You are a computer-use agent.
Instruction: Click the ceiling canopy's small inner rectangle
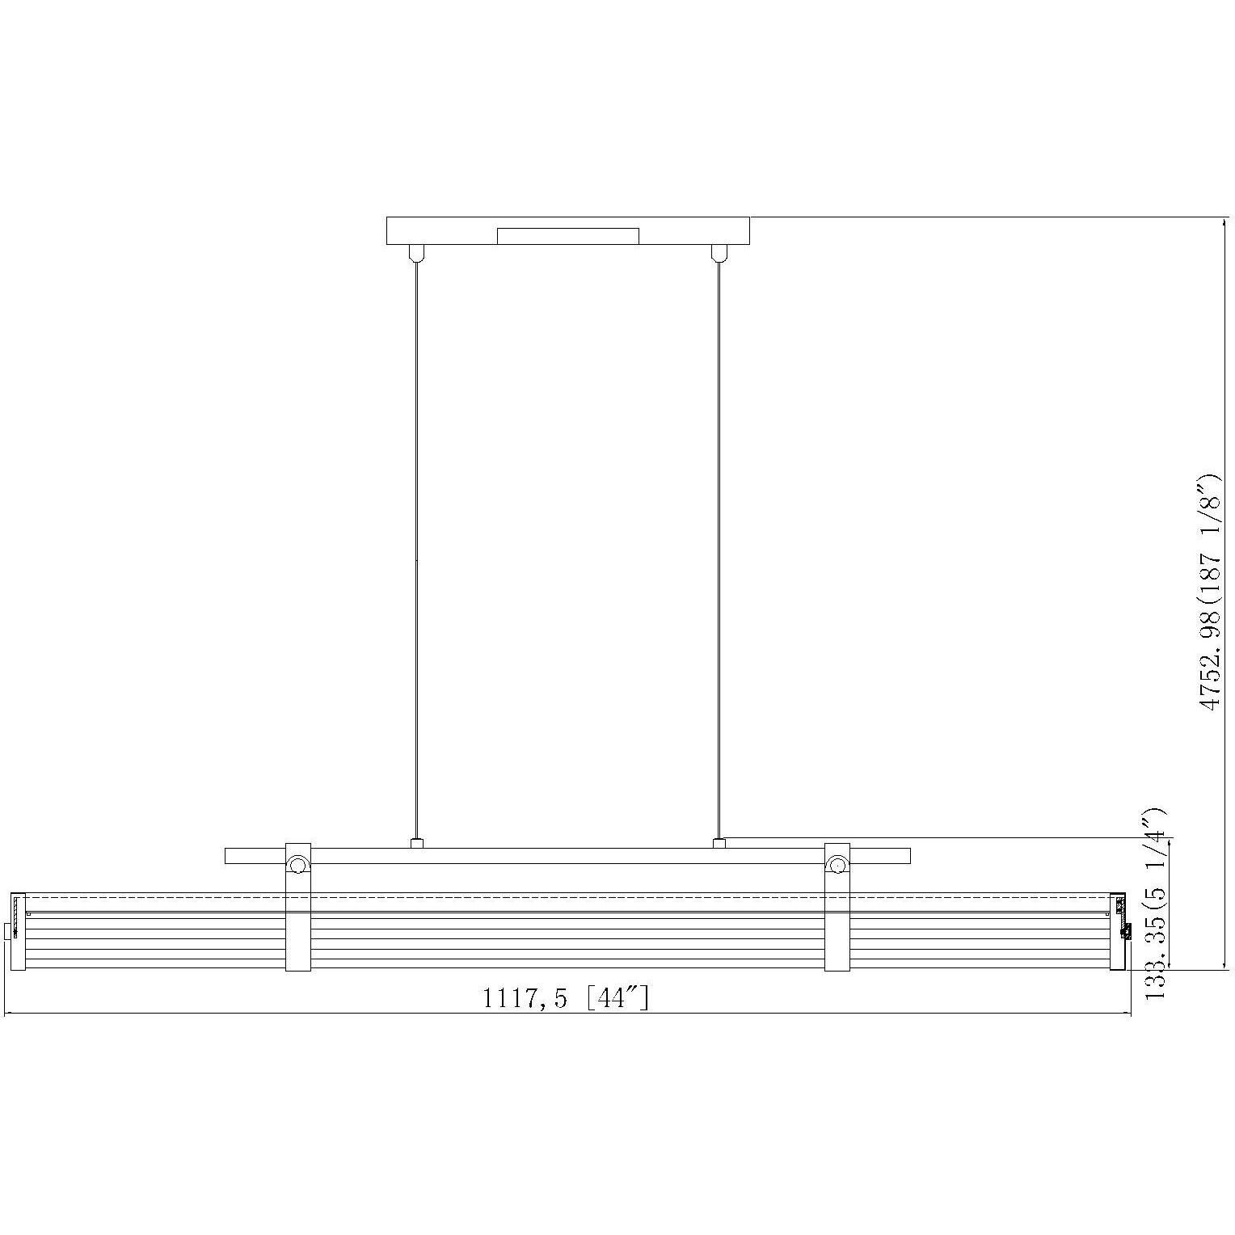pos(567,236)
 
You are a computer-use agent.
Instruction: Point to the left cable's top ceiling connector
pos(415,252)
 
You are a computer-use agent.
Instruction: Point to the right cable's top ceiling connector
pos(718,252)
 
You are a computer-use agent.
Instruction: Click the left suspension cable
pos(415,550)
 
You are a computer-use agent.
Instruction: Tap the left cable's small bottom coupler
pos(416,844)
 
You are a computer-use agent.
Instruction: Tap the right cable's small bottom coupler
pos(719,844)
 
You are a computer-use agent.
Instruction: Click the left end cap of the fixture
pos(19,931)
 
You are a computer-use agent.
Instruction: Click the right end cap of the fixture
pos(1119,931)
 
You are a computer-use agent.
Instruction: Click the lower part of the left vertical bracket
pos(297,942)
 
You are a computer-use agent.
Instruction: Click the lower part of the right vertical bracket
pos(837,942)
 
